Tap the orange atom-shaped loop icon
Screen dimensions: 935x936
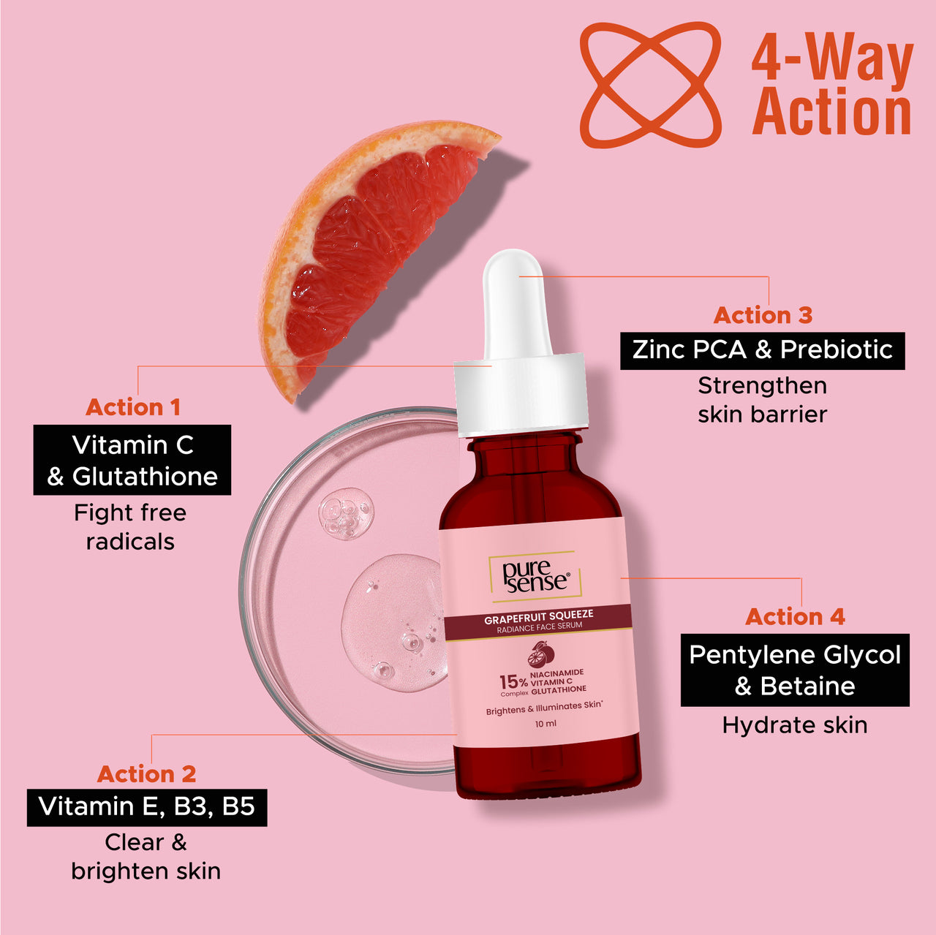tap(650, 84)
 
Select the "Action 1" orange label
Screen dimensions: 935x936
tap(132, 407)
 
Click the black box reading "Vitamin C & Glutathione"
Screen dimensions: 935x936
tap(132, 460)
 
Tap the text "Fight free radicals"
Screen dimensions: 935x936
tap(130, 527)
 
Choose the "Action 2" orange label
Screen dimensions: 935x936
tap(146, 773)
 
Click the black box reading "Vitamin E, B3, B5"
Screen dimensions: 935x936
tap(147, 807)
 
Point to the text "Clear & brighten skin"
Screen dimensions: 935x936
tap(146, 857)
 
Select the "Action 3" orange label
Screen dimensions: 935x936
tap(763, 315)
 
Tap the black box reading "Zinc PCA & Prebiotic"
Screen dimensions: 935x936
tap(762, 350)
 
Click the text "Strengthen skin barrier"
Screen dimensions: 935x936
tap(762, 400)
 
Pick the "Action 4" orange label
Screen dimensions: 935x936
tap(795, 617)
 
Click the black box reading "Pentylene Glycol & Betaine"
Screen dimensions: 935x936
tap(795, 670)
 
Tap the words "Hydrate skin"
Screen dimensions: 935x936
tap(795, 725)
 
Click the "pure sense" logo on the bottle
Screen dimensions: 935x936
tap(535, 577)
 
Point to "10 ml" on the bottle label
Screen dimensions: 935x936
tap(546, 724)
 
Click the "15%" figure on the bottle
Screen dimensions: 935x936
tap(513, 682)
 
